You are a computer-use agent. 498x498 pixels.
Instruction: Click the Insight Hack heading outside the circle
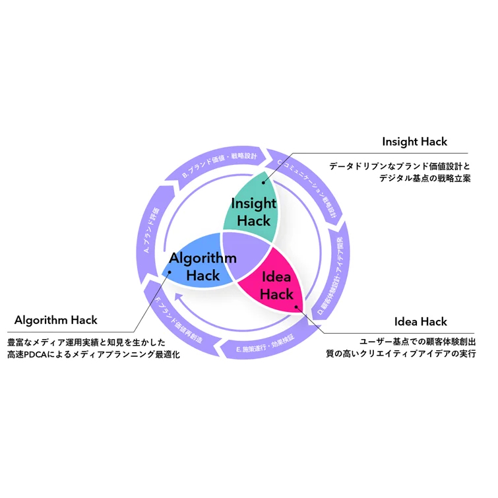click(414, 142)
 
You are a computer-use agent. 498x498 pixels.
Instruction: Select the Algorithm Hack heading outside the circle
click(56, 320)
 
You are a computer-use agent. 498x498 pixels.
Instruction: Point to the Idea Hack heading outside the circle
click(420, 322)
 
